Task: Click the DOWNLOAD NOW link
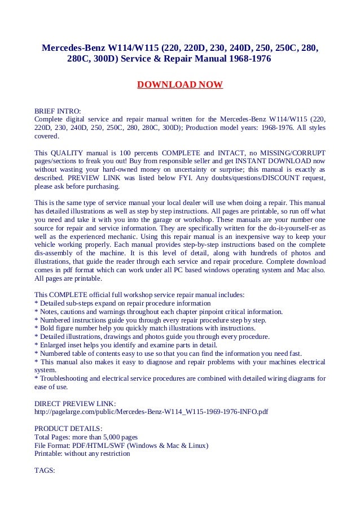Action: click(x=180, y=85)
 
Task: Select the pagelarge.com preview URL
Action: click(x=151, y=412)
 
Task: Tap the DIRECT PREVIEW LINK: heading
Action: click(x=75, y=403)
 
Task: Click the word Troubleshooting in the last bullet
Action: click(x=64, y=378)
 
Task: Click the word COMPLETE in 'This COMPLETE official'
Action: click(x=69, y=294)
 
